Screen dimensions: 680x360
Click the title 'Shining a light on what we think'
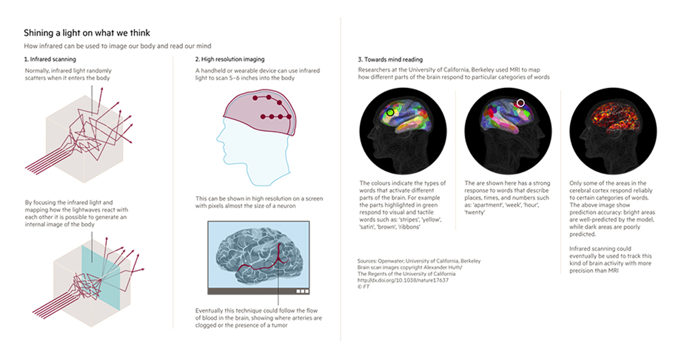[x=87, y=33]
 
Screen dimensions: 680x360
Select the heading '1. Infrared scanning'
[x=50, y=59]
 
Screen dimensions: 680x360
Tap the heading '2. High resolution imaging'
[x=230, y=59]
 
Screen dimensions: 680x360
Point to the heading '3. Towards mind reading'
[x=390, y=60]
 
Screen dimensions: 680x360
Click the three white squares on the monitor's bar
[x=303, y=291]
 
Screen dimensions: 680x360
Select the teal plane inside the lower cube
[x=101, y=277]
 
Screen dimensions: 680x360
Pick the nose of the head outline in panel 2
[x=218, y=139]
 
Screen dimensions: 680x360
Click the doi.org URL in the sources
[x=403, y=280]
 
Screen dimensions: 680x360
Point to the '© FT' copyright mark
[x=363, y=286]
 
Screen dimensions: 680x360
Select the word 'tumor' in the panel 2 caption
[x=279, y=325]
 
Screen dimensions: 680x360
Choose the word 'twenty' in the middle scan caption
[x=475, y=213]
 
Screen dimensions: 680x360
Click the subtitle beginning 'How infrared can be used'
[x=117, y=46]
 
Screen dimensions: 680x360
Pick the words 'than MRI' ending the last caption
[x=606, y=270]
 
